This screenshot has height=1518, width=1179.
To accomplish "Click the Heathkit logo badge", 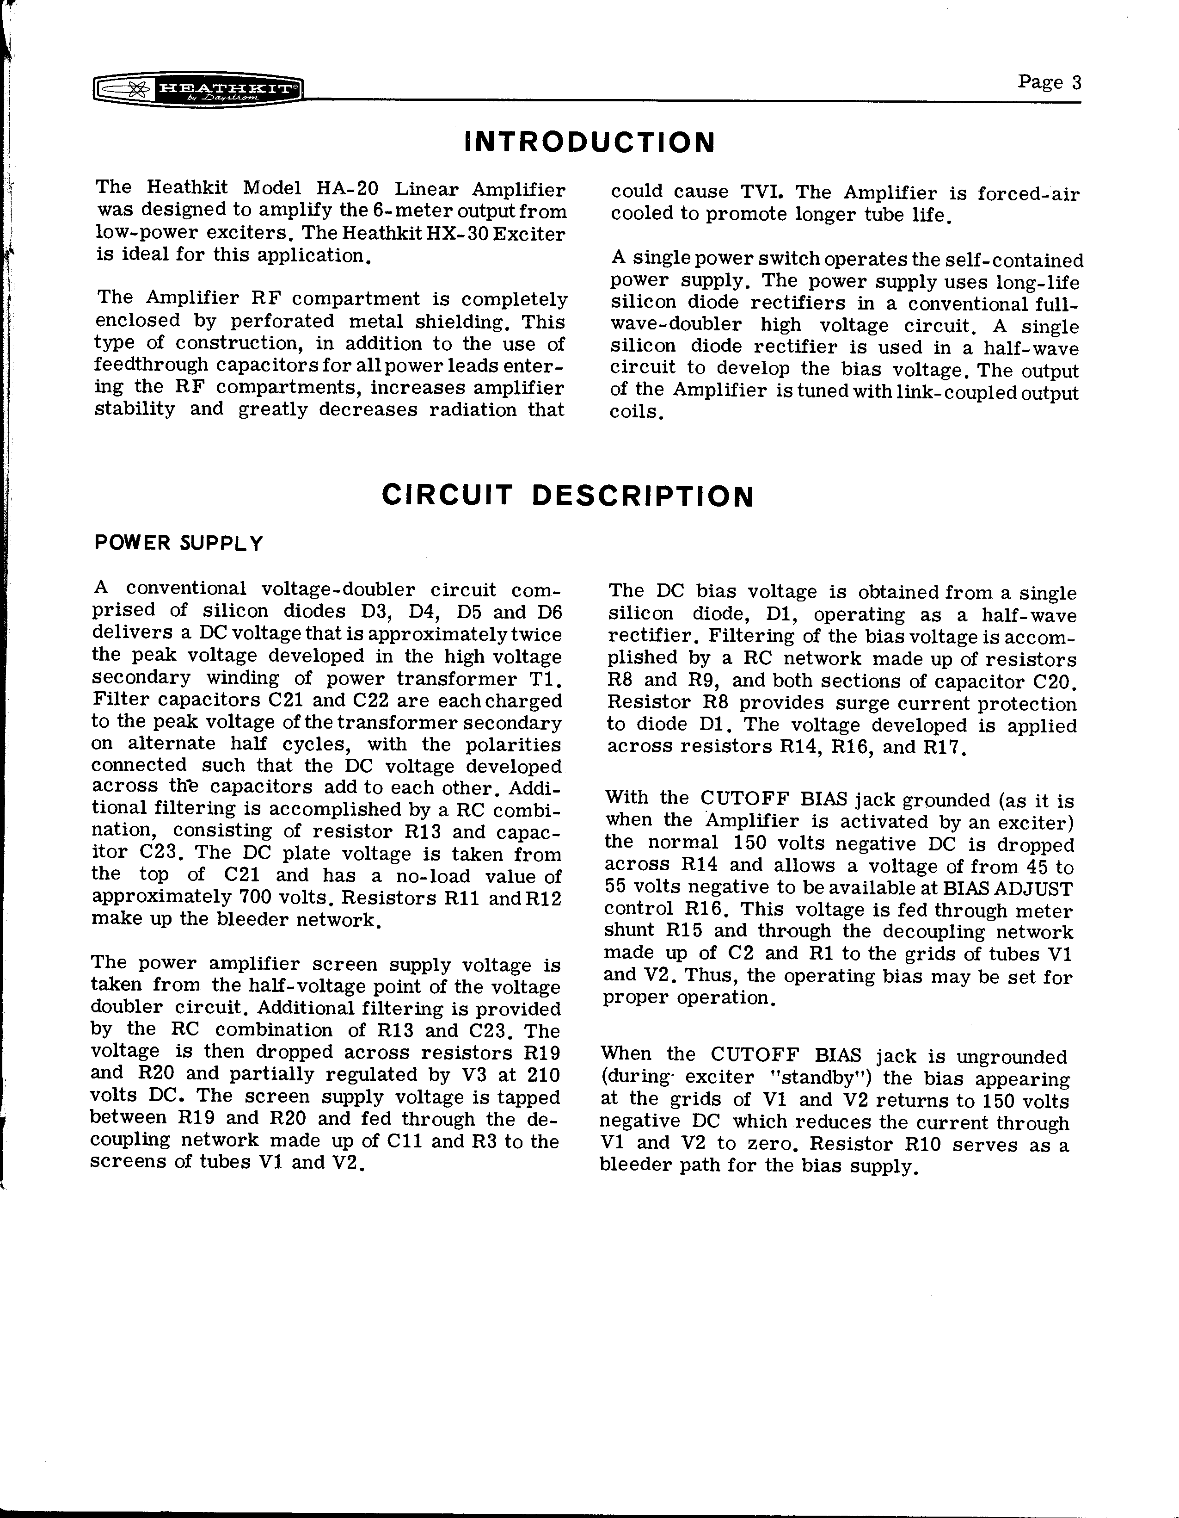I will pyautogui.click(x=197, y=89).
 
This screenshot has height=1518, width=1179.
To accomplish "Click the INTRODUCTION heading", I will pyautogui.click(x=589, y=143).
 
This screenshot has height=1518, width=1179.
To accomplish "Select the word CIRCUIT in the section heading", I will pyautogui.click(x=447, y=496).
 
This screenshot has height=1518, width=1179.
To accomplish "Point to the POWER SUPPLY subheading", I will pyautogui.click(x=178, y=543).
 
